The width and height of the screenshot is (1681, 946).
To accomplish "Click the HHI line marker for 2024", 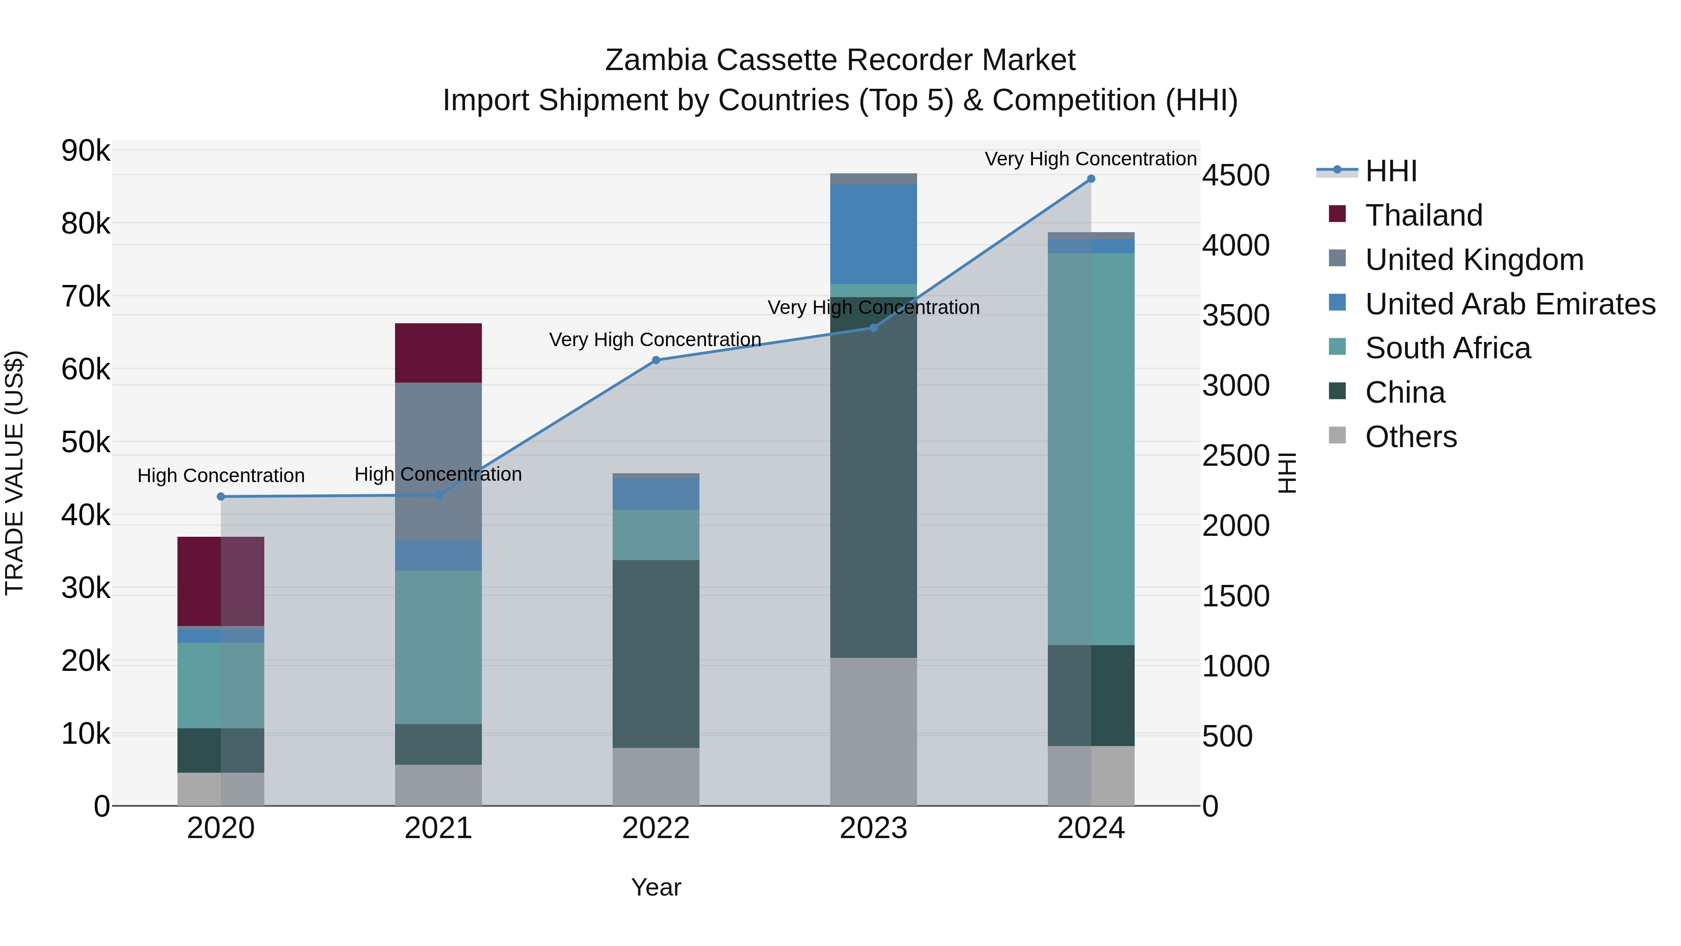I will (x=1090, y=179).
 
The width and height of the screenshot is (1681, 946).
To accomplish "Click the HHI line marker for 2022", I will (x=656, y=360).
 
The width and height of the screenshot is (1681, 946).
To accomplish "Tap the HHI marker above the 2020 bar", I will (x=220, y=496).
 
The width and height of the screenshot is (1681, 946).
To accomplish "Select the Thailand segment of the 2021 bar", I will (x=438, y=353).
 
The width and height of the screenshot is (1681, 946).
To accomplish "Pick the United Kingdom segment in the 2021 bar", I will (x=438, y=461).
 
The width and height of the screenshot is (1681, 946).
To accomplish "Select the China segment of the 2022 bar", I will (x=656, y=653).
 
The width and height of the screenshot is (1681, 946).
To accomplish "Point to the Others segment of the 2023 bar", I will (x=873, y=731).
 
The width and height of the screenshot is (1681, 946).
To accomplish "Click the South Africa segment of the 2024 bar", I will (x=1090, y=448).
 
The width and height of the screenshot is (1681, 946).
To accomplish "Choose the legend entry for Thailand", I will (x=1423, y=215).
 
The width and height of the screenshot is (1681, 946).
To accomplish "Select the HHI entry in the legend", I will (x=1390, y=171).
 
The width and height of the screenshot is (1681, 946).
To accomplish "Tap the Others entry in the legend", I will (x=1410, y=437).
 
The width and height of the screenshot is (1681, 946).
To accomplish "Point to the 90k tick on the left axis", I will (x=85, y=151).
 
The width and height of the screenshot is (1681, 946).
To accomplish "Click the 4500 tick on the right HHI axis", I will (x=1235, y=175).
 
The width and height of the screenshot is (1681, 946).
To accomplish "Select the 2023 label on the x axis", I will (x=873, y=828).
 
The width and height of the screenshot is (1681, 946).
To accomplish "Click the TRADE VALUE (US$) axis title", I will (x=14, y=473).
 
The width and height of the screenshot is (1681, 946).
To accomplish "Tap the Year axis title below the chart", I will (x=656, y=887).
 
